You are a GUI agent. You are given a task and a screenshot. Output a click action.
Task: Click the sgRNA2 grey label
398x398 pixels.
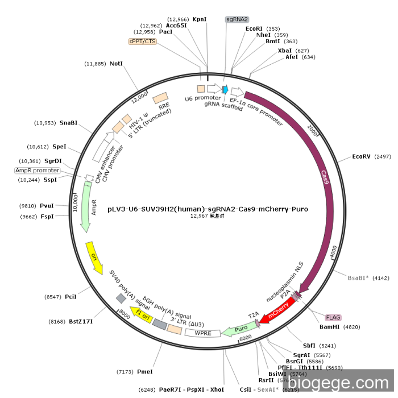(237, 19)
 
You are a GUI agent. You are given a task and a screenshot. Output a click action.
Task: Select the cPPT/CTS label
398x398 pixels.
(142, 41)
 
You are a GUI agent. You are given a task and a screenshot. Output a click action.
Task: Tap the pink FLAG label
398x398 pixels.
(333, 317)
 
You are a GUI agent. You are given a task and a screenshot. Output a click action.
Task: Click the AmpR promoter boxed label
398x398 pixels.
(37, 171)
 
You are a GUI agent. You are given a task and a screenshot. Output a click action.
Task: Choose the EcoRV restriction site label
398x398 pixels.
(361, 156)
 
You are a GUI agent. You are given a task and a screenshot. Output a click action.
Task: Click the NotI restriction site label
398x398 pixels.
(116, 64)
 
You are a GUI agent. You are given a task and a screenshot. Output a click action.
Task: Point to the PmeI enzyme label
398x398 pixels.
(145, 371)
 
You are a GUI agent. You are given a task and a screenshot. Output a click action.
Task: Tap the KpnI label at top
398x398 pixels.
(200, 19)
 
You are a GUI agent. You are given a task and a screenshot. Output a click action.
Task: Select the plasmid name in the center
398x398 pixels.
(208, 209)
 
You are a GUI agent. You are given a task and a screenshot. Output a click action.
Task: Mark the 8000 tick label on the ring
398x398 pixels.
(124, 312)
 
